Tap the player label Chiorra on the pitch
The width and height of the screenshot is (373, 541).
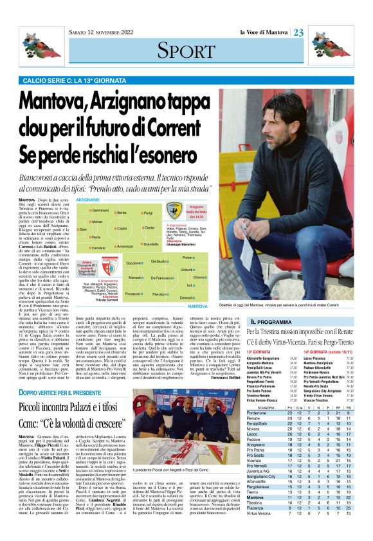coord(200,277)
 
